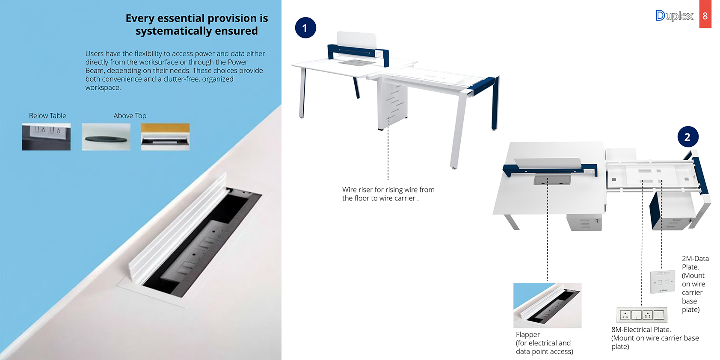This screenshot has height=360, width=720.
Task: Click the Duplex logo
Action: (674, 16)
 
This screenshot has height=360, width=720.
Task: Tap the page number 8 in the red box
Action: (705, 16)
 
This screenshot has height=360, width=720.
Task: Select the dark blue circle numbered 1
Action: (305, 28)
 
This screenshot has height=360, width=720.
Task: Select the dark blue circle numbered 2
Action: (687, 137)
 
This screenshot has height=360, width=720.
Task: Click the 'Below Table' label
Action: (47, 115)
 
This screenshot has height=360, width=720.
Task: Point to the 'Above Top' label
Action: (130, 115)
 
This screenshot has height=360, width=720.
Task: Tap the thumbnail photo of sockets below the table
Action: (46, 137)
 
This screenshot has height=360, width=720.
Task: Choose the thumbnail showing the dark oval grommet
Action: (106, 137)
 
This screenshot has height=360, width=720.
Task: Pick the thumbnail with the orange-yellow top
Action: (165, 137)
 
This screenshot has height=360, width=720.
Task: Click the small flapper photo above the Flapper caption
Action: (548, 305)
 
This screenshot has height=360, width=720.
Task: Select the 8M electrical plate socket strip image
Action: (642, 315)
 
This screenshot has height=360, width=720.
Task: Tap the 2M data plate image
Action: (663, 282)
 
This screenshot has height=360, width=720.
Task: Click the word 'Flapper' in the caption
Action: (528, 335)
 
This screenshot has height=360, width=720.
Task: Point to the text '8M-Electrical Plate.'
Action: (641, 330)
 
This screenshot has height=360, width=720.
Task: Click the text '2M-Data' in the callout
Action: (695, 259)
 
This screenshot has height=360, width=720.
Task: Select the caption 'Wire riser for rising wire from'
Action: (388, 190)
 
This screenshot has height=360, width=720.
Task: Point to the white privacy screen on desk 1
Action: (356, 41)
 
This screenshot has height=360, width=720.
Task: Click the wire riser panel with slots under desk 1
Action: (393, 106)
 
